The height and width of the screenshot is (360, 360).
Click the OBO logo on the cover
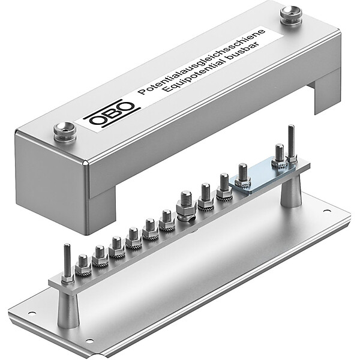tap(112, 113)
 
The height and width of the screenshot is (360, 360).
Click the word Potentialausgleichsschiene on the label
tap(202, 61)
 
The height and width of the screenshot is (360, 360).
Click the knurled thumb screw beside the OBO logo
tap(65, 132)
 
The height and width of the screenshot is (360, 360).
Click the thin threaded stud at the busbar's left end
tap(67, 263)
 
